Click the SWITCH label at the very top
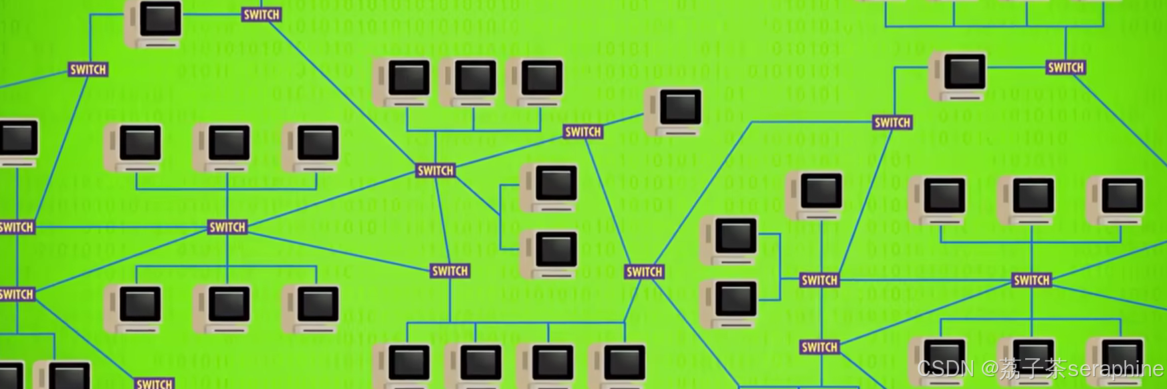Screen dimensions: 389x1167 coord(261,14)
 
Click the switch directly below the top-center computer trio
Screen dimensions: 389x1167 coord(435,170)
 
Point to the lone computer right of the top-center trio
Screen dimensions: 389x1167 coord(674,111)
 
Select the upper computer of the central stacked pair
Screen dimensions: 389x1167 coord(550,187)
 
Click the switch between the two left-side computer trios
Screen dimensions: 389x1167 coord(227,227)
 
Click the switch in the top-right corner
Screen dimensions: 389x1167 coord(1065,68)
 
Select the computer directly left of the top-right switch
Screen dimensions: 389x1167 coord(958,76)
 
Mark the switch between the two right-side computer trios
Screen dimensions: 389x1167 coord(1031,280)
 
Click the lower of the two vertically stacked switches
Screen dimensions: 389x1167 coord(819,347)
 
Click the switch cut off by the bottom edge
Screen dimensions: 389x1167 coord(154,383)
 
